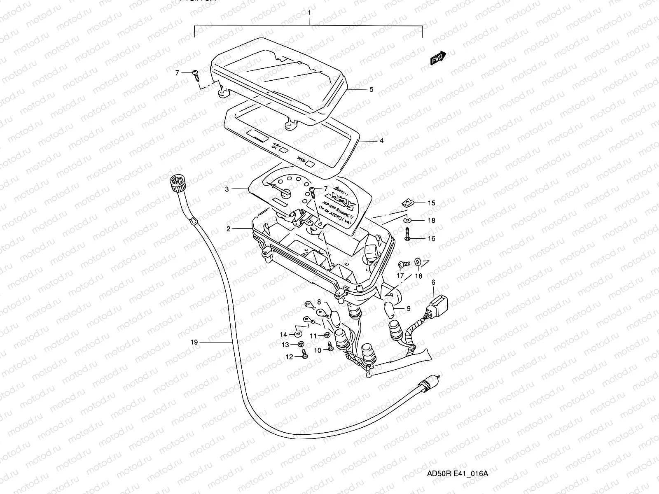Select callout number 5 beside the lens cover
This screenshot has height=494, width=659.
(x=371, y=89)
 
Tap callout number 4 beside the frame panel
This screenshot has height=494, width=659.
(x=381, y=141)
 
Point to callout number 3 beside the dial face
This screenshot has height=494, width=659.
(x=227, y=189)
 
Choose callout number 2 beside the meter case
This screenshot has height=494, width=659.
(x=228, y=229)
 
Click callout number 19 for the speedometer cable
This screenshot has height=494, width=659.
(x=194, y=342)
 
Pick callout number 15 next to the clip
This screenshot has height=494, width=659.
(x=431, y=203)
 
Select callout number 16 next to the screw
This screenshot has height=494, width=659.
(x=431, y=238)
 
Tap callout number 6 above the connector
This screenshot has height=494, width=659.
(x=433, y=282)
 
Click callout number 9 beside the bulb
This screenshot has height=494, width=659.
(x=409, y=308)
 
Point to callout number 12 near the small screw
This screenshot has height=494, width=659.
(x=290, y=357)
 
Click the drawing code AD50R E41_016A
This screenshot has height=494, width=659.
(x=457, y=473)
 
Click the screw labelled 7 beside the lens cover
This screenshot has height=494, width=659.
(x=196, y=75)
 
